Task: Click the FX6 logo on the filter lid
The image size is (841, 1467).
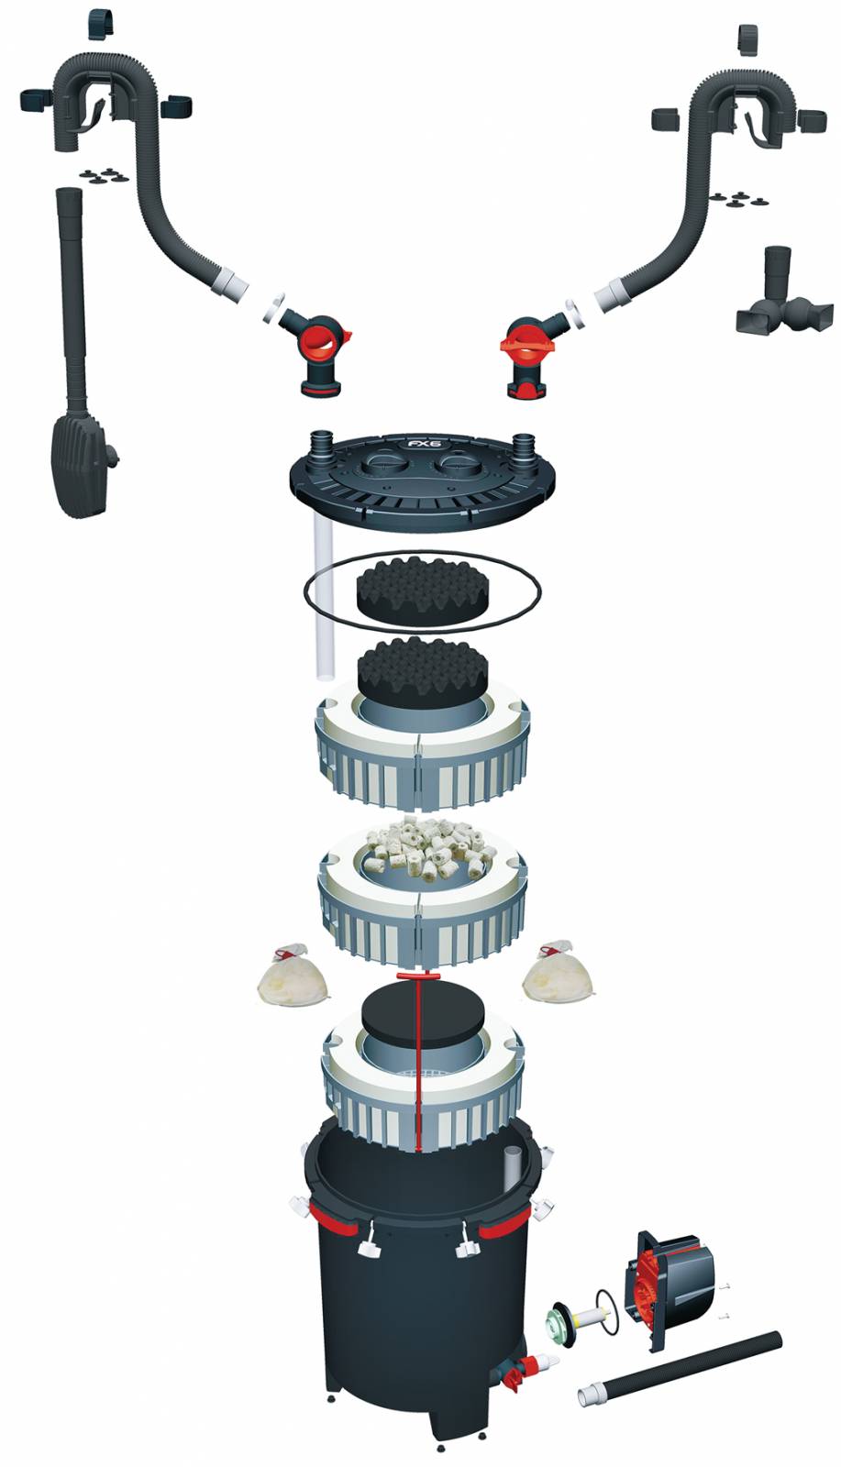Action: click(x=425, y=444)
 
